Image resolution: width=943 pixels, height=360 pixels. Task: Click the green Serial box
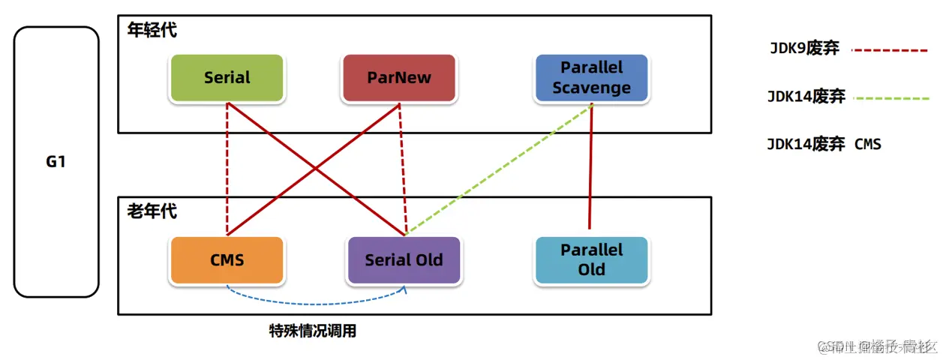point(227,78)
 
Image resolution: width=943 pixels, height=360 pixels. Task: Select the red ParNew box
point(399,78)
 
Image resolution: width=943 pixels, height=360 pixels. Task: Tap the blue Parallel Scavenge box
point(592,78)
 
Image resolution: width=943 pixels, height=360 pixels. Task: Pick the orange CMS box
point(227,260)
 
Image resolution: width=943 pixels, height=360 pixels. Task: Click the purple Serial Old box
point(404,260)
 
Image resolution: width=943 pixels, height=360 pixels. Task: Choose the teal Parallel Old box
point(592,260)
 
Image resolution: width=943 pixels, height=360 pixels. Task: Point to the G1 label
point(56,161)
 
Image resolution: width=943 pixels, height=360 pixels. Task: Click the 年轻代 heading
point(152,31)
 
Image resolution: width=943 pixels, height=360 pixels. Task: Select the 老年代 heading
point(152,211)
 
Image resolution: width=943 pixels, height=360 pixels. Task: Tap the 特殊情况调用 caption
point(313,331)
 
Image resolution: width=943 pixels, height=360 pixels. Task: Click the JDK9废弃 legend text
point(804,49)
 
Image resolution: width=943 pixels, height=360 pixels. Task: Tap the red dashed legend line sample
point(890,50)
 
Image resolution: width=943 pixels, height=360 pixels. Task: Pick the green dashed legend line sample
point(890,97)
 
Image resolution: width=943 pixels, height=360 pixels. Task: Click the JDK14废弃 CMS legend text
point(824,144)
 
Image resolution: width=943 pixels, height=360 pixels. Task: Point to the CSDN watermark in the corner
point(877,346)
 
